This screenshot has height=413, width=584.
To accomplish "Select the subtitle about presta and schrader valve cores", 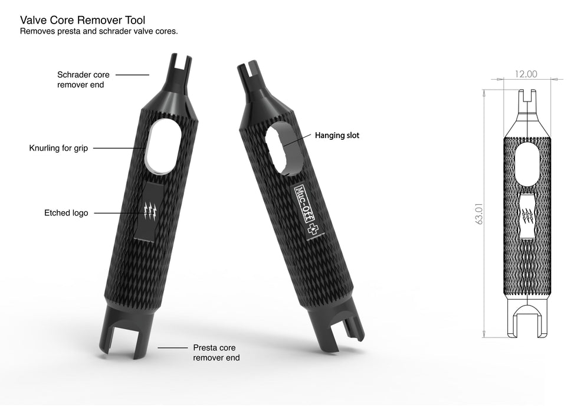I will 99,31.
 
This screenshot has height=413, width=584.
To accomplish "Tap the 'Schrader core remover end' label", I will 83,80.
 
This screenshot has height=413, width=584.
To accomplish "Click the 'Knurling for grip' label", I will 58,148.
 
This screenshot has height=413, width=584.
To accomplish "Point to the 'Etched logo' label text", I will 65,213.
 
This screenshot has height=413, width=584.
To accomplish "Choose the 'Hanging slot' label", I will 336,136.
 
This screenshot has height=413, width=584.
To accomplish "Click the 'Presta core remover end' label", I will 216,352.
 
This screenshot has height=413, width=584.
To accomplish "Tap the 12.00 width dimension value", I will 526,74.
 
